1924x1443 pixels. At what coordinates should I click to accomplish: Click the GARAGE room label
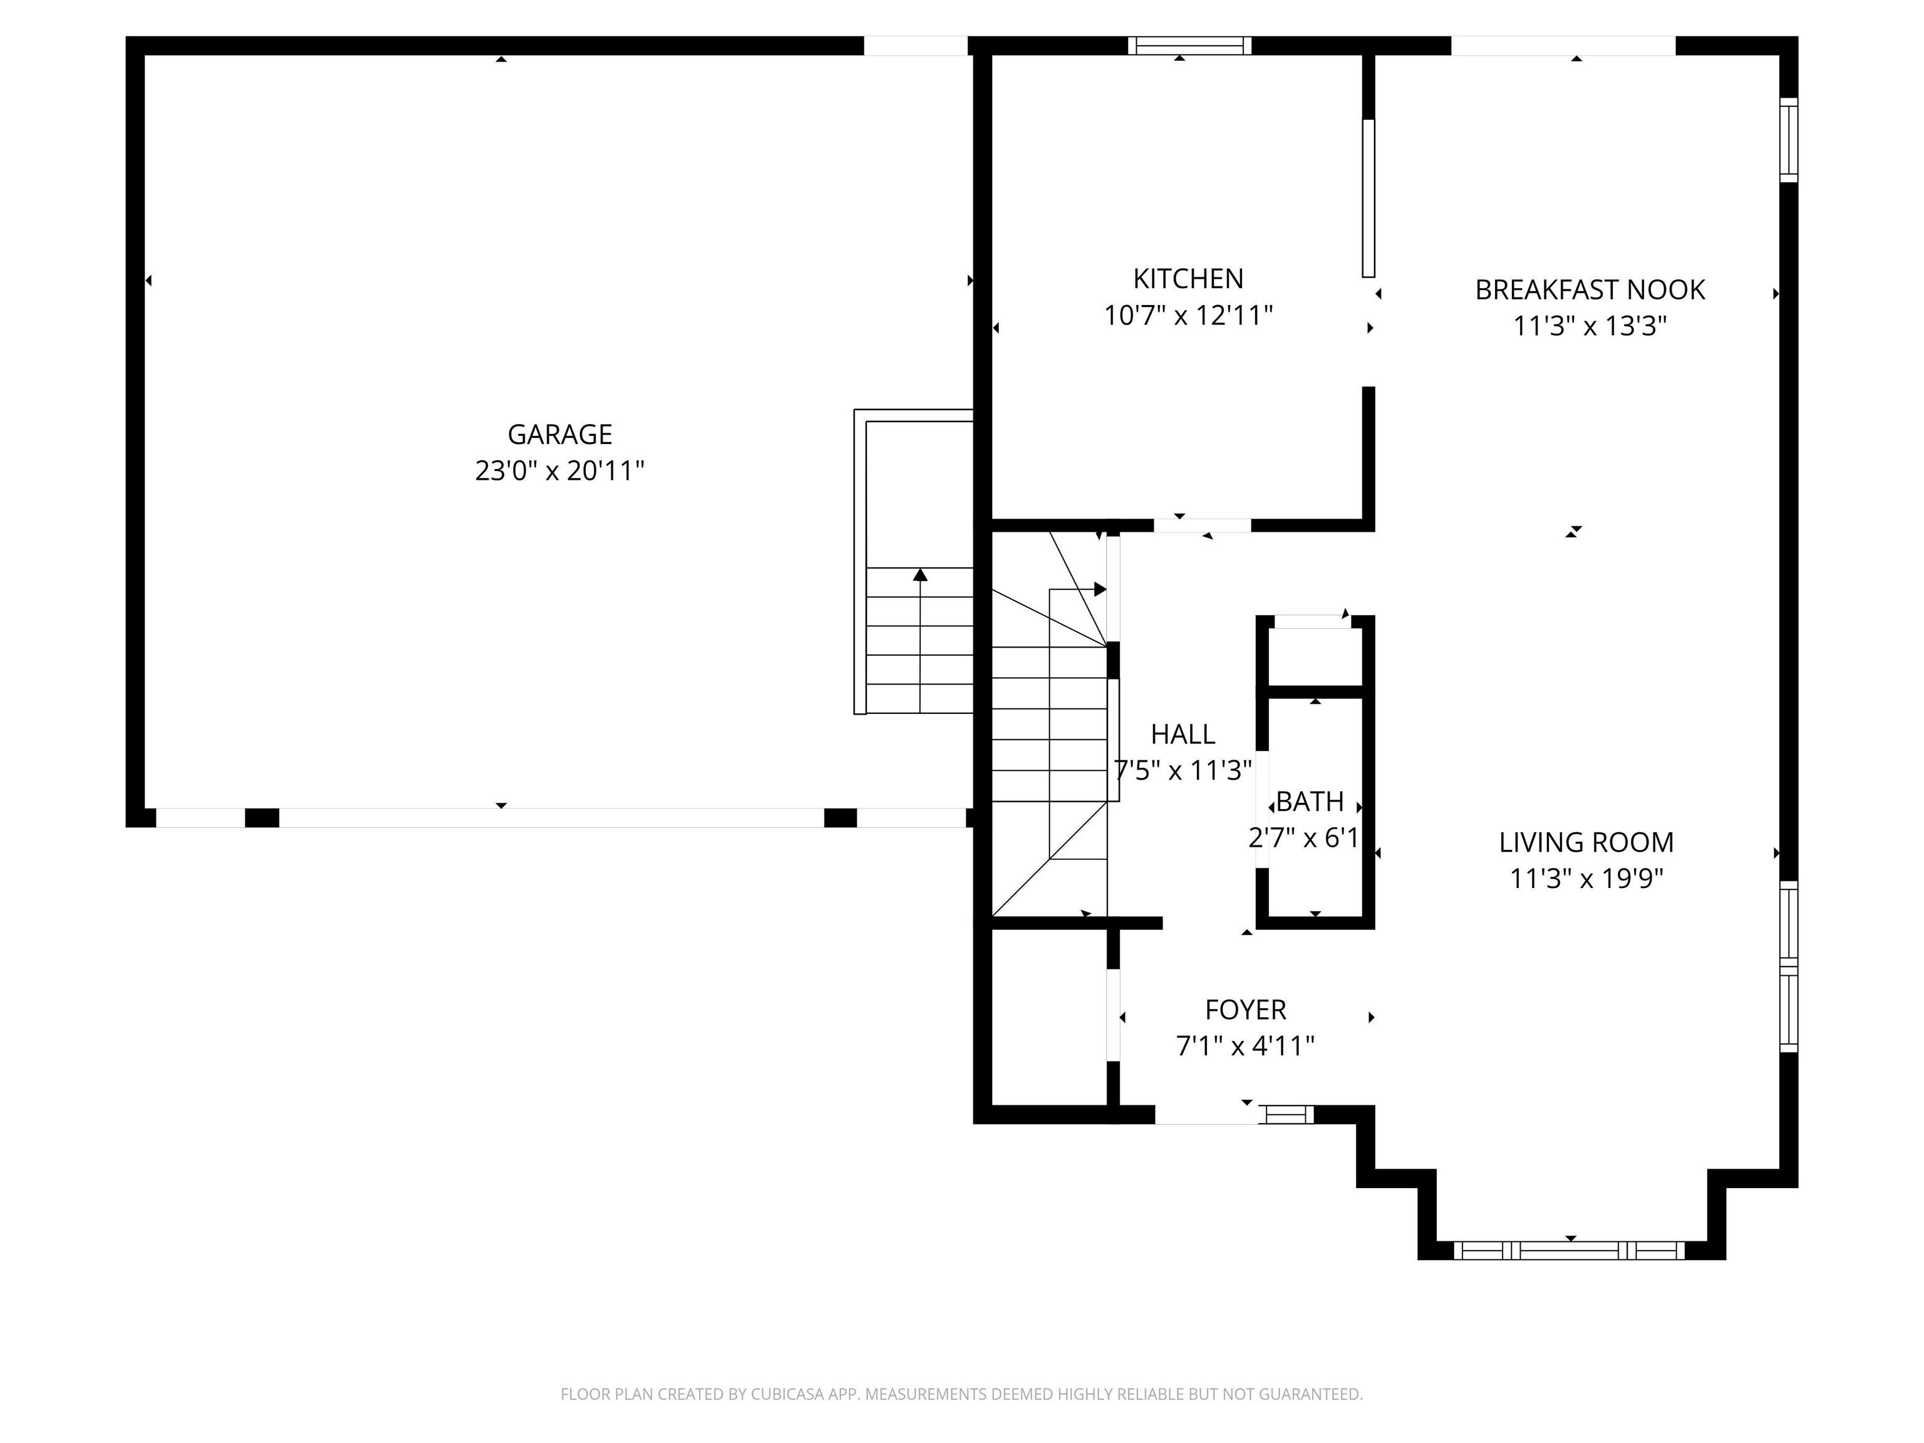pos(559,434)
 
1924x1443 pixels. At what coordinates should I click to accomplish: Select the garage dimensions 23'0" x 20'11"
pos(559,470)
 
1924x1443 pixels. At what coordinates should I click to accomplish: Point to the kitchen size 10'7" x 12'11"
pos(1187,315)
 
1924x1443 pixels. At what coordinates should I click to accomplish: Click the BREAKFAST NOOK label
pos(1589,289)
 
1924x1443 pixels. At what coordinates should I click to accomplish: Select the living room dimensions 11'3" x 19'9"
pos(1586,879)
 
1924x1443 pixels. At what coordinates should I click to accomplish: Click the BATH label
pos(1310,801)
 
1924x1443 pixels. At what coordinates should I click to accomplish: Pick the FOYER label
pos(1244,1009)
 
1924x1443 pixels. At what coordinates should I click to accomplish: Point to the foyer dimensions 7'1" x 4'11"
pos(1244,1045)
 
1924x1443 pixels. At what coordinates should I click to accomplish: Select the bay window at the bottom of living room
pos(1569,1251)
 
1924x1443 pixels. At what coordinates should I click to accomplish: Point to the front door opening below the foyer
pos(1206,1115)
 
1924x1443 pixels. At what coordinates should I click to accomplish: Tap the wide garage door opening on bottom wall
pos(551,817)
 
